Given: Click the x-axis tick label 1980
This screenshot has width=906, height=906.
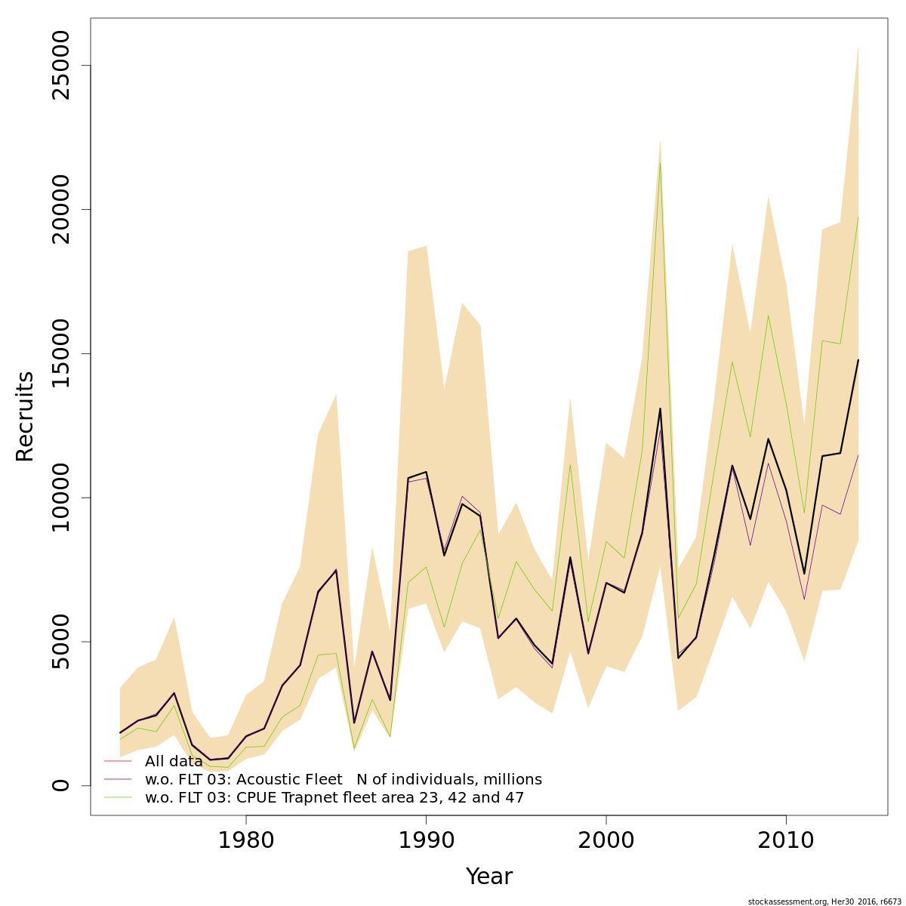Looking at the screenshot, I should [245, 840].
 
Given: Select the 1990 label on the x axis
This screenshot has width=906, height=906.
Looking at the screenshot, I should [426, 840].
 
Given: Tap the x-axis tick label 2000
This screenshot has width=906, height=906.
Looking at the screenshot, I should [606, 840].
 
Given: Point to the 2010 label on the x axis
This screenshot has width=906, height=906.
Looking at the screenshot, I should [786, 840].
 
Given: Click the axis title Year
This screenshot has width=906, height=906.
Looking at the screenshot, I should [488, 877].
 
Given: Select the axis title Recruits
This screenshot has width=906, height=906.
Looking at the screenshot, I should [25, 416].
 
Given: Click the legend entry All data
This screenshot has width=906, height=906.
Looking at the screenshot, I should [174, 762].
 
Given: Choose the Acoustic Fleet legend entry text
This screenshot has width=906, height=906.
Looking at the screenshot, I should [343, 780].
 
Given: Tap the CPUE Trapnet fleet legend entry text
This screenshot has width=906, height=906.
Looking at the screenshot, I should [334, 798].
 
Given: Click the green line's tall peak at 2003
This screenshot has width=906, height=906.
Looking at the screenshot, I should [660, 162].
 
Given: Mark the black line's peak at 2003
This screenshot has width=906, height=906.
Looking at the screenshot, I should [660, 408].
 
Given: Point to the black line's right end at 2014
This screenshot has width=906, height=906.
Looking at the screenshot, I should [858, 360].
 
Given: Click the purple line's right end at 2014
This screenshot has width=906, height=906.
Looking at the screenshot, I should [858, 455].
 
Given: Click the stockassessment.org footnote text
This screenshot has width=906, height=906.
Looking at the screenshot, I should [824, 901].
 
